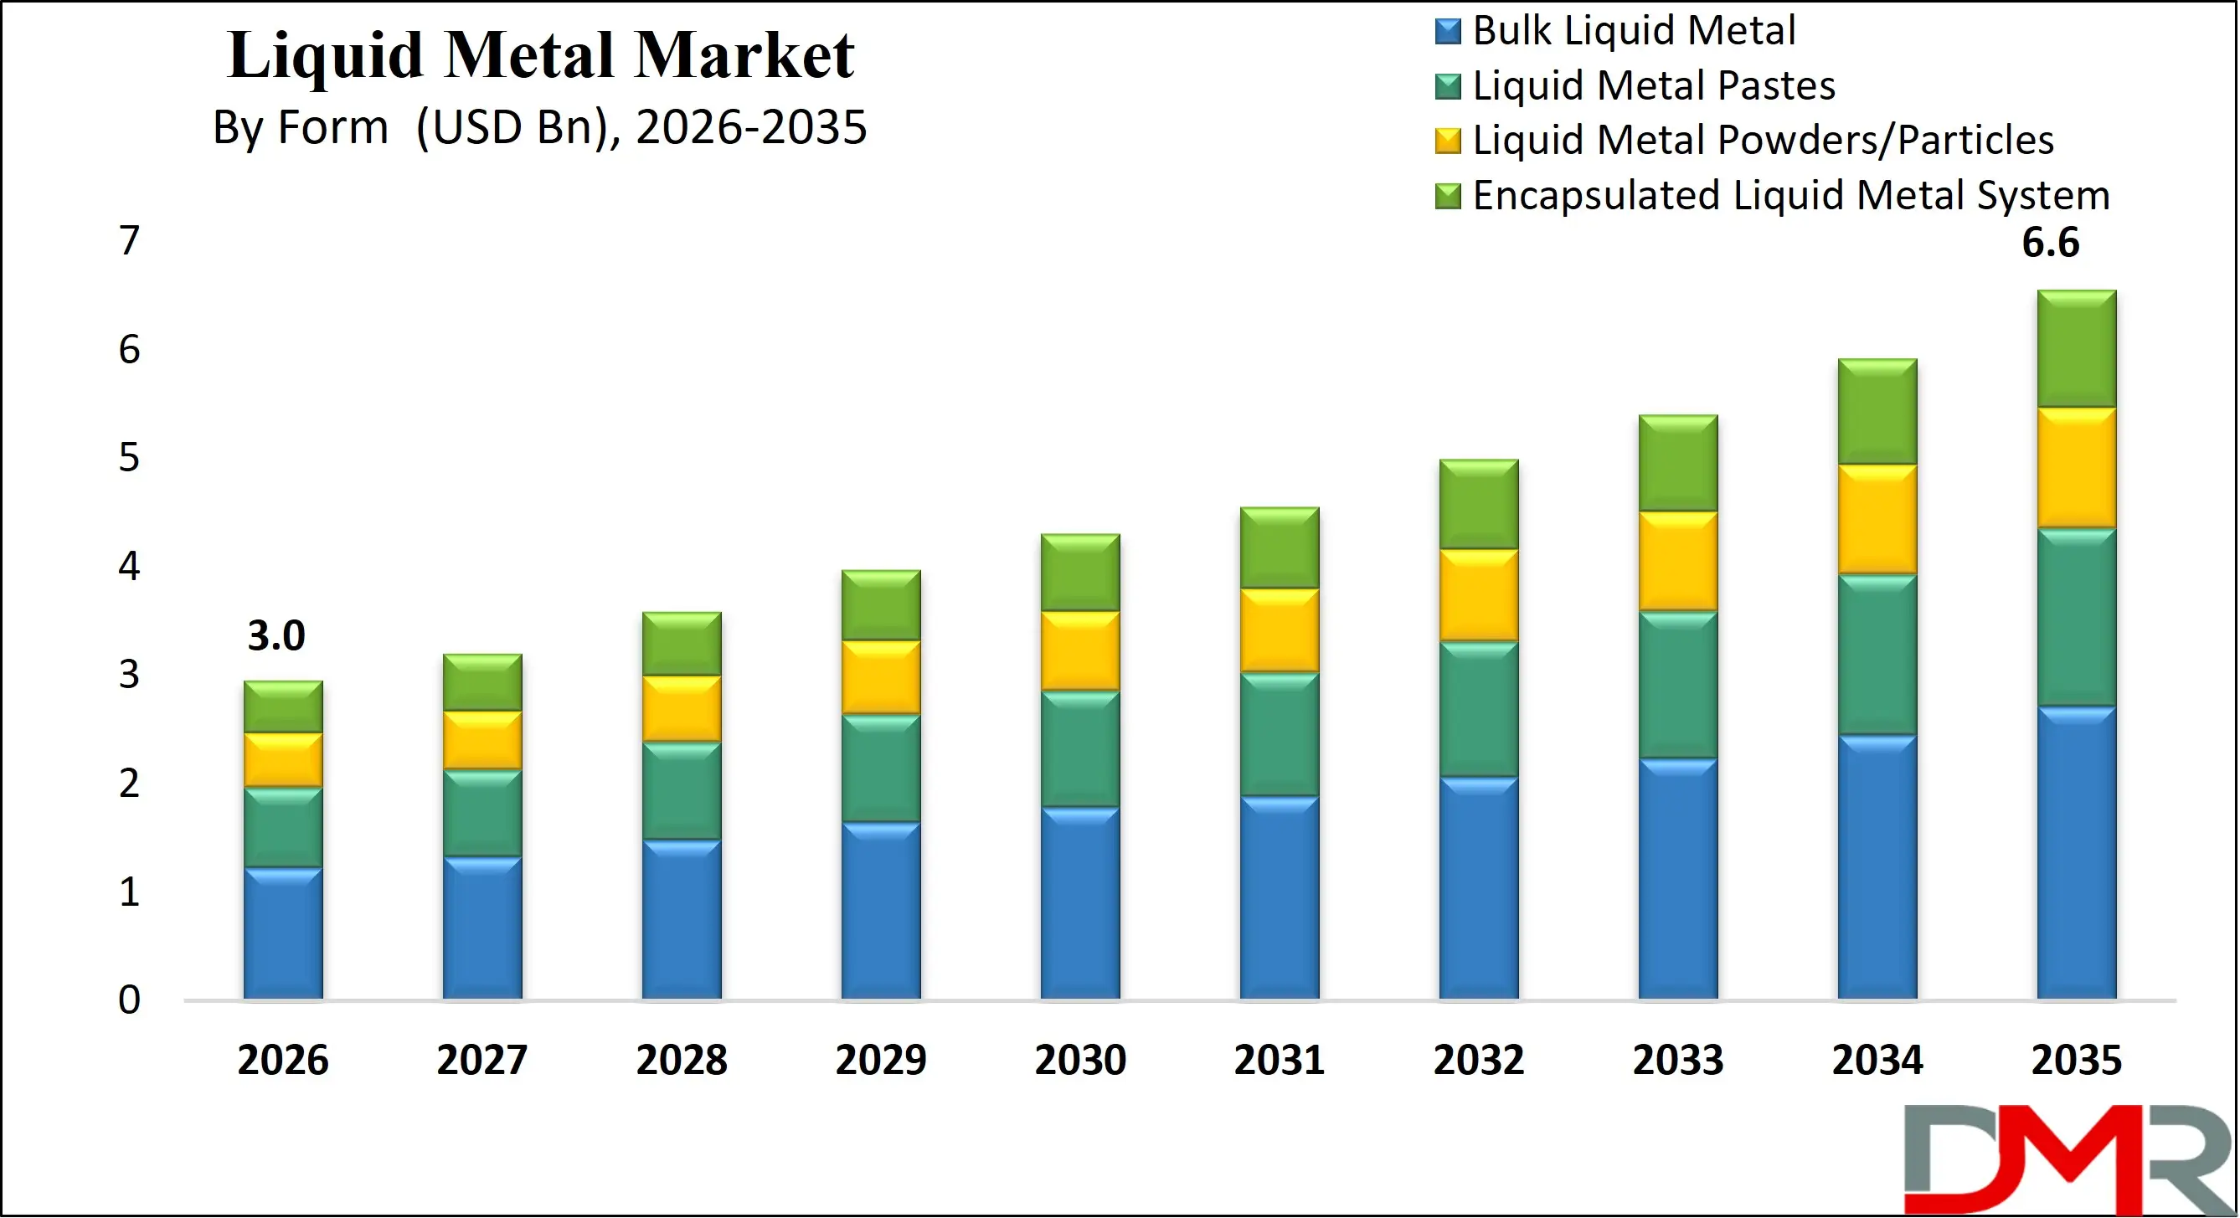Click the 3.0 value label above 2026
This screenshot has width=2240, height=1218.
276,636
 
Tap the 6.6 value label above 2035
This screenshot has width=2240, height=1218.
2051,243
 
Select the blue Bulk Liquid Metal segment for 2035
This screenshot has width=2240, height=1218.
2077,852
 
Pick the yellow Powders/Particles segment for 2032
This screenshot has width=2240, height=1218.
1478,595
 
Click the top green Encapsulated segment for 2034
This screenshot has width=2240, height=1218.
1877,411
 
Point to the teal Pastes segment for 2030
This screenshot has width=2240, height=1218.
1080,748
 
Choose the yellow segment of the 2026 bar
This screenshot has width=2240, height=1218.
282,761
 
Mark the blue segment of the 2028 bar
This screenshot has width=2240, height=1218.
682,919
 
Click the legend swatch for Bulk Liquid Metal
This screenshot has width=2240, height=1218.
1447,31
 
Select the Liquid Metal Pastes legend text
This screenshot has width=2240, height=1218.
1653,86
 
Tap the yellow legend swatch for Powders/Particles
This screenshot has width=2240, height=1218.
1447,141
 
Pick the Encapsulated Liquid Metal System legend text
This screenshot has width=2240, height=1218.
1791,196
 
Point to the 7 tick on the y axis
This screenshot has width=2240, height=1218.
129,241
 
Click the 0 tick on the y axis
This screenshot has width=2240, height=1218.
129,1000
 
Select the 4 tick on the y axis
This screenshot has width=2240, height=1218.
129,566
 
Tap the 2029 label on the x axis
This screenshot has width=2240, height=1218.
881,1060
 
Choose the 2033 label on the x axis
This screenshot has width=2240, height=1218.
1677,1060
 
